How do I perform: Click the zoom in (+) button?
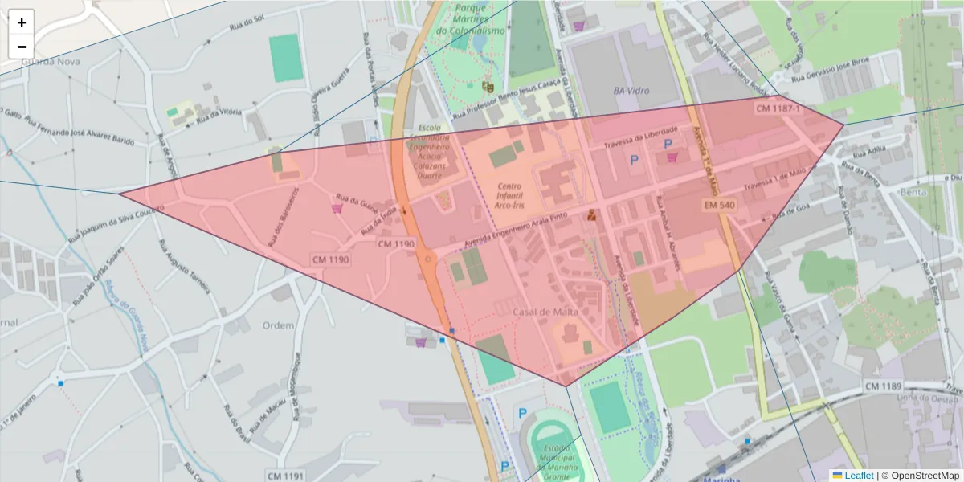point(22,22)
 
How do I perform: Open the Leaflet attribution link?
point(859,476)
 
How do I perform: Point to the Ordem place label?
point(279,325)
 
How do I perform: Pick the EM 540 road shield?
point(718,206)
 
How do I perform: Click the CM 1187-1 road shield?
point(778,108)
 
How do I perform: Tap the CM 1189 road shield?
point(883,387)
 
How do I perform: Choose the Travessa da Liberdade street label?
point(647,138)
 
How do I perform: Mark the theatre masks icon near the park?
point(488,85)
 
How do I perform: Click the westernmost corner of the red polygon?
point(120,193)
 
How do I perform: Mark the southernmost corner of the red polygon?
point(566,386)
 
